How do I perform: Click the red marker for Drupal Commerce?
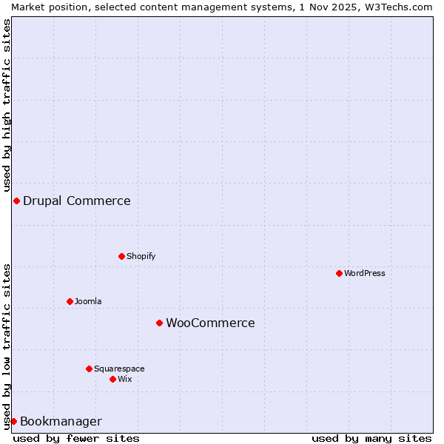[16, 201]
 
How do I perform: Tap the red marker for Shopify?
[122, 257]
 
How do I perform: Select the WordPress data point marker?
[340, 273]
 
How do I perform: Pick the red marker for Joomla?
[70, 301]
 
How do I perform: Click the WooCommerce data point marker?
[159, 323]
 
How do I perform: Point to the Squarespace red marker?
[89, 369]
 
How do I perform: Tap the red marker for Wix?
[112, 379]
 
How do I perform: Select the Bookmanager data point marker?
[13, 421]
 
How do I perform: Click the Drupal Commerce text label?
[77, 201]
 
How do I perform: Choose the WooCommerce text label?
[210, 323]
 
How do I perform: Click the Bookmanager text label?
[61, 422]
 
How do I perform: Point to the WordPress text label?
[365, 273]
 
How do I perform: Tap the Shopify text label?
[141, 257]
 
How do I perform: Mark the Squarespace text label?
[119, 369]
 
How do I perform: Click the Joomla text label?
[88, 301]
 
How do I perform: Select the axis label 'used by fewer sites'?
[76, 438]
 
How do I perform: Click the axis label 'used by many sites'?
[371, 438]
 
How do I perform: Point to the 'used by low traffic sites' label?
[7, 346]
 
